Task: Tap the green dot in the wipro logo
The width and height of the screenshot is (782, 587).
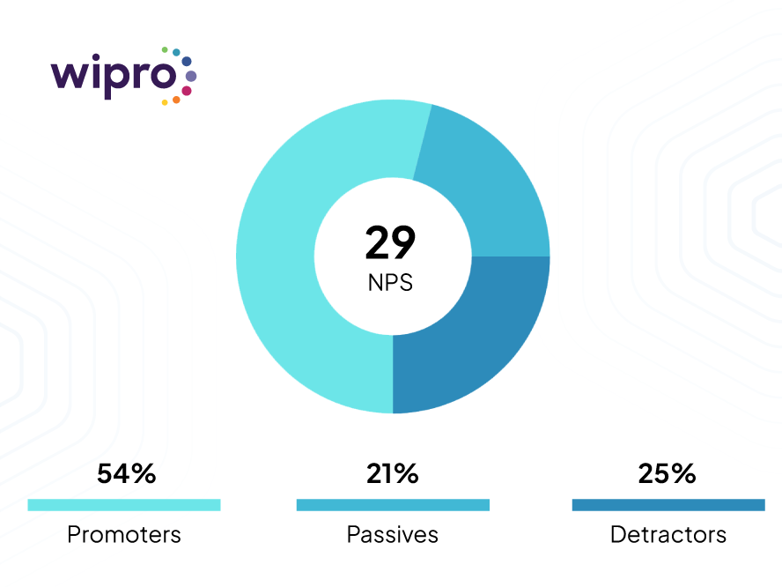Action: pyautogui.click(x=165, y=49)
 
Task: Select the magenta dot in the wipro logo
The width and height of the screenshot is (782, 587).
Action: pyautogui.click(x=187, y=91)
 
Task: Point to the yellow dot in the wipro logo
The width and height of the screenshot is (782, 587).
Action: pyautogui.click(x=165, y=103)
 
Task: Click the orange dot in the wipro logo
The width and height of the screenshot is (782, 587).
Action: pyautogui.click(x=176, y=100)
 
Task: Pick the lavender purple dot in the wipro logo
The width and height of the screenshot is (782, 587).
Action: pyautogui.click(x=191, y=77)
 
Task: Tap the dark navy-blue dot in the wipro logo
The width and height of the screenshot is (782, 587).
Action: pyautogui.click(x=187, y=61)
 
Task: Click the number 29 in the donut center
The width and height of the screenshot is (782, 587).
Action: pyautogui.click(x=391, y=243)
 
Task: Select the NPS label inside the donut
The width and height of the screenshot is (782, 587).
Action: pyautogui.click(x=391, y=284)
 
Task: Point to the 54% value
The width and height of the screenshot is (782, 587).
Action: pyautogui.click(x=126, y=473)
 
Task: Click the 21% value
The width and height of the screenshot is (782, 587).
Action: pyautogui.click(x=392, y=473)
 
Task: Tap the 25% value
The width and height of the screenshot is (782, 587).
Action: pyautogui.click(x=667, y=473)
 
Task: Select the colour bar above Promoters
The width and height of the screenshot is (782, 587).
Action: pyautogui.click(x=124, y=505)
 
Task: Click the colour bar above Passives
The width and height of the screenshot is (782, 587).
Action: pyautogui.click(x=393, y=505)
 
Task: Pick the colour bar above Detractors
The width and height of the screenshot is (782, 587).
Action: pyautogui.click(x=668, y=505)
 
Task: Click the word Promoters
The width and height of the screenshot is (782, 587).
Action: pyautogui.click(x=124, y=534)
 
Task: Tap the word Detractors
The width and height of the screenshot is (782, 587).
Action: pyautogui.click(x=668, y=534)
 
